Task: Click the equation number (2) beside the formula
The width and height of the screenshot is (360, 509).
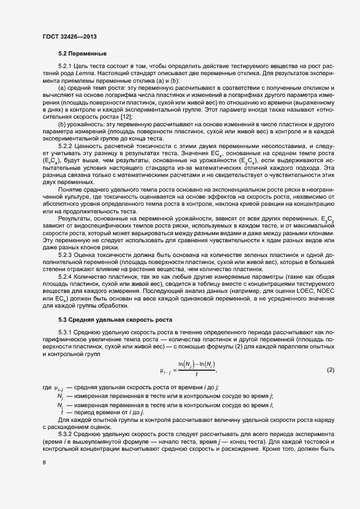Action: point(330,371)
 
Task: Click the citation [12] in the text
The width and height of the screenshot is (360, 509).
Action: point(125,116)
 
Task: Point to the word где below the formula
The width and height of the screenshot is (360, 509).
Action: point(47,387)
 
